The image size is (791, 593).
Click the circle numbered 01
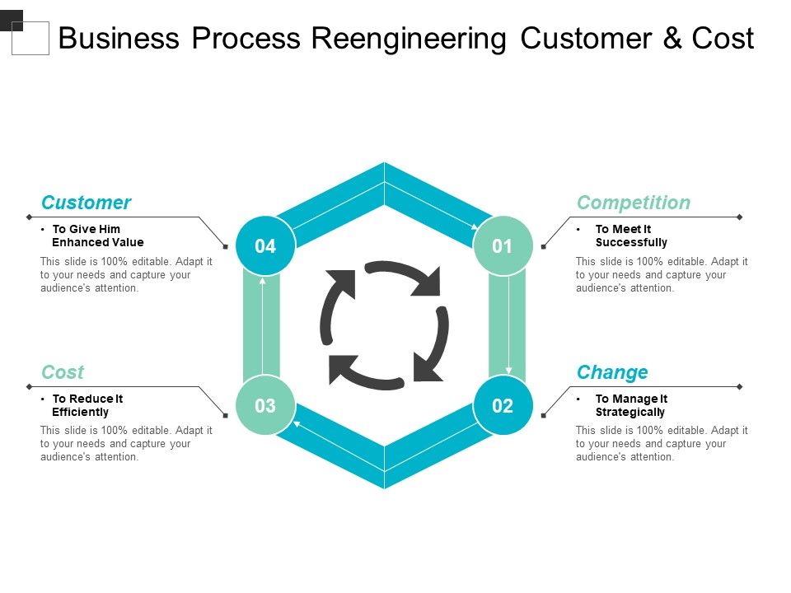503,245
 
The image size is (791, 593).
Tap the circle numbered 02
503,405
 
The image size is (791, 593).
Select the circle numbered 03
264,405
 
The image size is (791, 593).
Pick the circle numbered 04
264,245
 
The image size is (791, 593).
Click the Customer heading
86,203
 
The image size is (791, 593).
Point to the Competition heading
633,203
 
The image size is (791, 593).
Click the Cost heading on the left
63,372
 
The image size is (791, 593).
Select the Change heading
612,372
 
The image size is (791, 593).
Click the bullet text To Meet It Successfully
631,236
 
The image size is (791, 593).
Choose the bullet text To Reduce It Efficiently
87,405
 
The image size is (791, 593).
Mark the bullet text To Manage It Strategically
631,405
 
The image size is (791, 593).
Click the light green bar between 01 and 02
507,325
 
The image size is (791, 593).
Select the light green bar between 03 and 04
261,325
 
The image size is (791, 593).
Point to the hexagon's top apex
384,165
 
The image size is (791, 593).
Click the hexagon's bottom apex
384,486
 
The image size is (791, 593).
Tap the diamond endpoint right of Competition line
739,217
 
